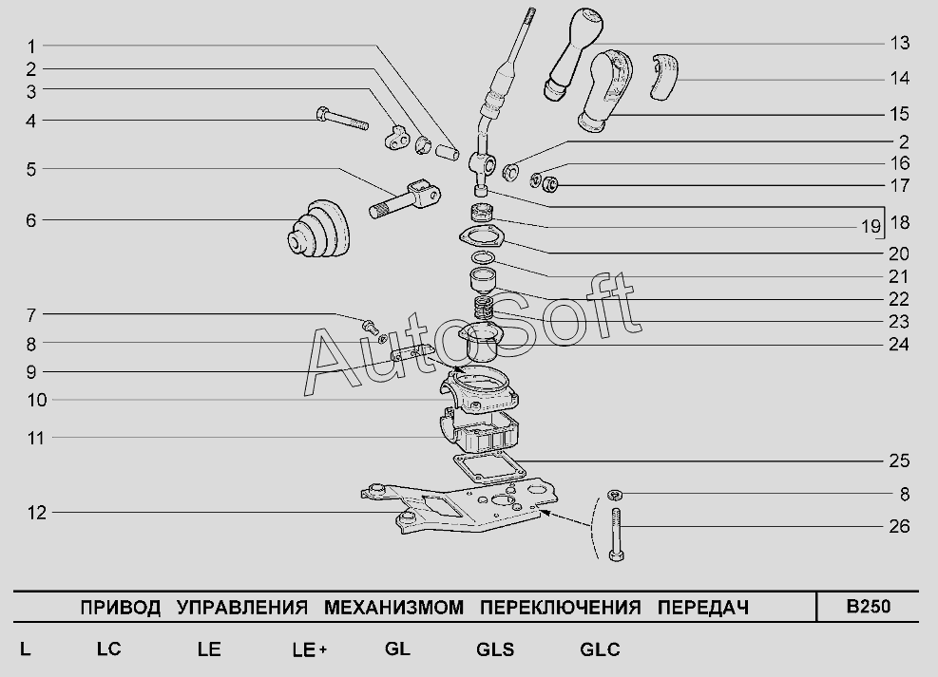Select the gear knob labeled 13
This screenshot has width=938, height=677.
[x=572, y=52]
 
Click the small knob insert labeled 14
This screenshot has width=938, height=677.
[x=664, y=76]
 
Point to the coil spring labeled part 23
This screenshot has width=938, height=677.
[x=484, y=308]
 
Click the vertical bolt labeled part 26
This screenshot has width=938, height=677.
[x=616, y=535]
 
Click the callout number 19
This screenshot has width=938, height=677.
[x=871, y=227]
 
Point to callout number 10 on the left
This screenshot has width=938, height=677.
[x=36, y=400]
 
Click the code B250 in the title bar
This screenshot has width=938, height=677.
[x=868, y=607]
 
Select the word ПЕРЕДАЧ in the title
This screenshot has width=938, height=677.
[x=703, y=608]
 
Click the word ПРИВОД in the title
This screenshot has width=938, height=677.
[x=121, y=608]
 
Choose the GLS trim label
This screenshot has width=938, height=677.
[x=495, y=649]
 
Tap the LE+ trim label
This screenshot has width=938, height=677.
[x=309, y=649]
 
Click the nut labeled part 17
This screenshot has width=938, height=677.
[x=549, y=184]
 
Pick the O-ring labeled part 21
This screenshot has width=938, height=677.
[x=483, y=257]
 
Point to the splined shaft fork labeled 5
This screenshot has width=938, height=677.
[x=406, y=199]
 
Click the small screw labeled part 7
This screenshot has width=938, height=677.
[x=370, y=325]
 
